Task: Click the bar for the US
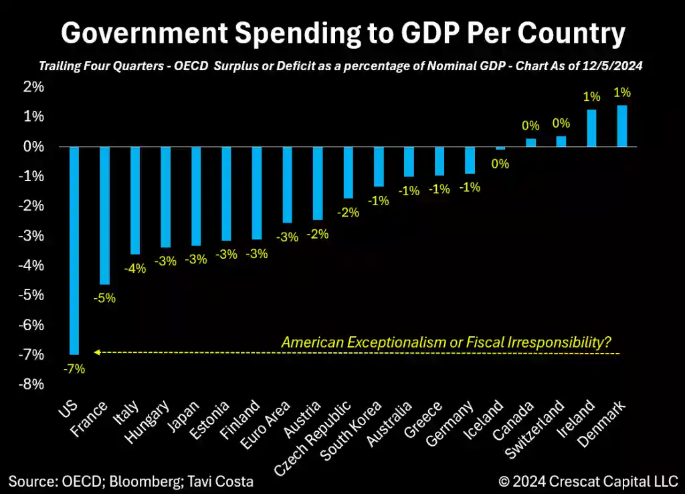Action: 74,250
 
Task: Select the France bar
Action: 104,215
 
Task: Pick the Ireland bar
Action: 591,128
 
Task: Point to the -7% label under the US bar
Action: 74,368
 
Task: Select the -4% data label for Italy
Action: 135,268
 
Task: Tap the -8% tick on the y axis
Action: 33,384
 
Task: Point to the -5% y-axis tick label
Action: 33,295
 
